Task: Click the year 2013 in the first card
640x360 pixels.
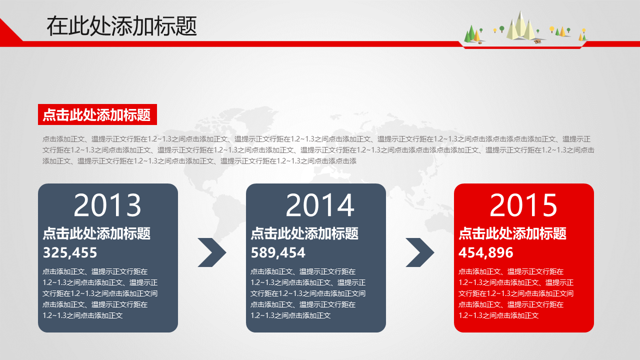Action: [107, 205]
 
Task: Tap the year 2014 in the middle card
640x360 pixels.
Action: [319, 205]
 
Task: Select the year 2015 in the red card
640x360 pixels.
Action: [523, 205]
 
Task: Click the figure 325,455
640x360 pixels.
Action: [70, 253]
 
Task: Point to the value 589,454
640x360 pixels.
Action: [278, 253]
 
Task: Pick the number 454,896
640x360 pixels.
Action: [485, 253]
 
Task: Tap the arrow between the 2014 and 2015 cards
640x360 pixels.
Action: [420, 252]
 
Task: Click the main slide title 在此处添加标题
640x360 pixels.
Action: [121, 26]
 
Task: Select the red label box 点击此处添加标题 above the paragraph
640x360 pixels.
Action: [97, 114]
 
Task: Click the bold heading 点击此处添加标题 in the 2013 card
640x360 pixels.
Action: [96, 233]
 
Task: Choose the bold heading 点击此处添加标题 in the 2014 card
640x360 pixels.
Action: [304, 233]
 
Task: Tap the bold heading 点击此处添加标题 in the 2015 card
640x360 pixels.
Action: [512, 233]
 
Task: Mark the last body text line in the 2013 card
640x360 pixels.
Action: [82, 315]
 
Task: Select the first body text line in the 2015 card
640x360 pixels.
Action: [511, 271]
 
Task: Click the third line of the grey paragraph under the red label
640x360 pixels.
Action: [199, 161]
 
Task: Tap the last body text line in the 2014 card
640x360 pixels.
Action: [290, 315]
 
